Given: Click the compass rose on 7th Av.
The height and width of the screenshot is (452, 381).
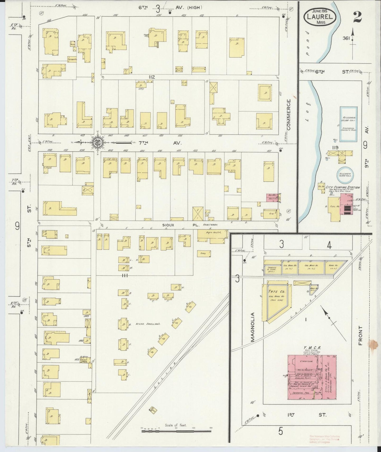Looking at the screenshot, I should (98, 143).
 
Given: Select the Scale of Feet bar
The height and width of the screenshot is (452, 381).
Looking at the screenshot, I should (176, 431).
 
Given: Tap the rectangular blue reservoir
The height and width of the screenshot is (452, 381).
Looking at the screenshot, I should (348, 123).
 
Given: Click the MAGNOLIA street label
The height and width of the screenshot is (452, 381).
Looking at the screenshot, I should (253, 327).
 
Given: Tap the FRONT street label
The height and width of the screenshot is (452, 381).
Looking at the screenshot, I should (361, 335).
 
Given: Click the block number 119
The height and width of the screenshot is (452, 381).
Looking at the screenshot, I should (335, 148).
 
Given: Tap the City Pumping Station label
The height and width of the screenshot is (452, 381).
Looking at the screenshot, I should (343, 187).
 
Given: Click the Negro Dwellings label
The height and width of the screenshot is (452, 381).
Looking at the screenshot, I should (148, 324).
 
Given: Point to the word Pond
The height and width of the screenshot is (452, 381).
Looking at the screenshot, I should (307, 43).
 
